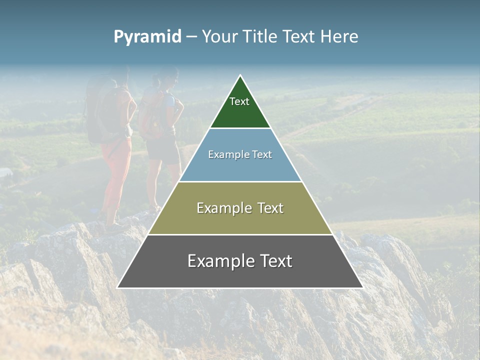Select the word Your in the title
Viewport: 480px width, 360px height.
pos(219,36)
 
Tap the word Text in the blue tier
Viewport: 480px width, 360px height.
pos(261,155)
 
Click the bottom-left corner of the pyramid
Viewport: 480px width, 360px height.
pos(118,287)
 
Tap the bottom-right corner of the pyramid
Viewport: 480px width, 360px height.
pos(362,287)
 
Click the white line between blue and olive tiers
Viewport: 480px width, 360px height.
pos(240,181)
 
